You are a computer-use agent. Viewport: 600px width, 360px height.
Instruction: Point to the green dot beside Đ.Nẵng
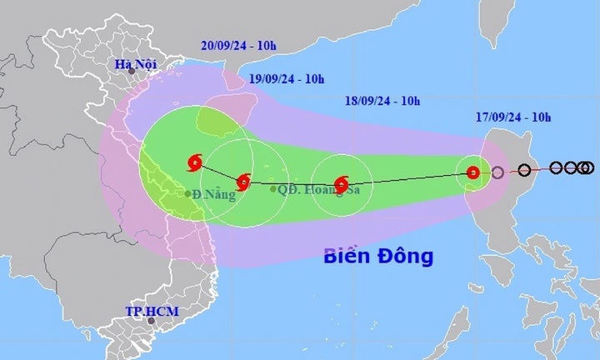(x=187, y=194)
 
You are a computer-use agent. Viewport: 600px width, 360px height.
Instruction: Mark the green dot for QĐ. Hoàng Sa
(x=274, y=189)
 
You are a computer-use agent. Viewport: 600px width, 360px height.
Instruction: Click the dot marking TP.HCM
(x=151, y=320)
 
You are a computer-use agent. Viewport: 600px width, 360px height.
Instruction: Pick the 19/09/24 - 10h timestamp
(x=287, y=79)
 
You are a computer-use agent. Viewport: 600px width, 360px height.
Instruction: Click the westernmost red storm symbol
(x=195, y=161)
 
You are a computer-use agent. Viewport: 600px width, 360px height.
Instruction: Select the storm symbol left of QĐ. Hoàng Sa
(x=242, y=181)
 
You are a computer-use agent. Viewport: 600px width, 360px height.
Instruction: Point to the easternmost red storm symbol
(x=473, y=173)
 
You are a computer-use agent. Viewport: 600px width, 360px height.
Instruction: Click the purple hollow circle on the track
(x=497, y=173)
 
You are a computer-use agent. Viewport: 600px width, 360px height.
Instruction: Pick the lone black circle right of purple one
(x=524, y=171)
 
